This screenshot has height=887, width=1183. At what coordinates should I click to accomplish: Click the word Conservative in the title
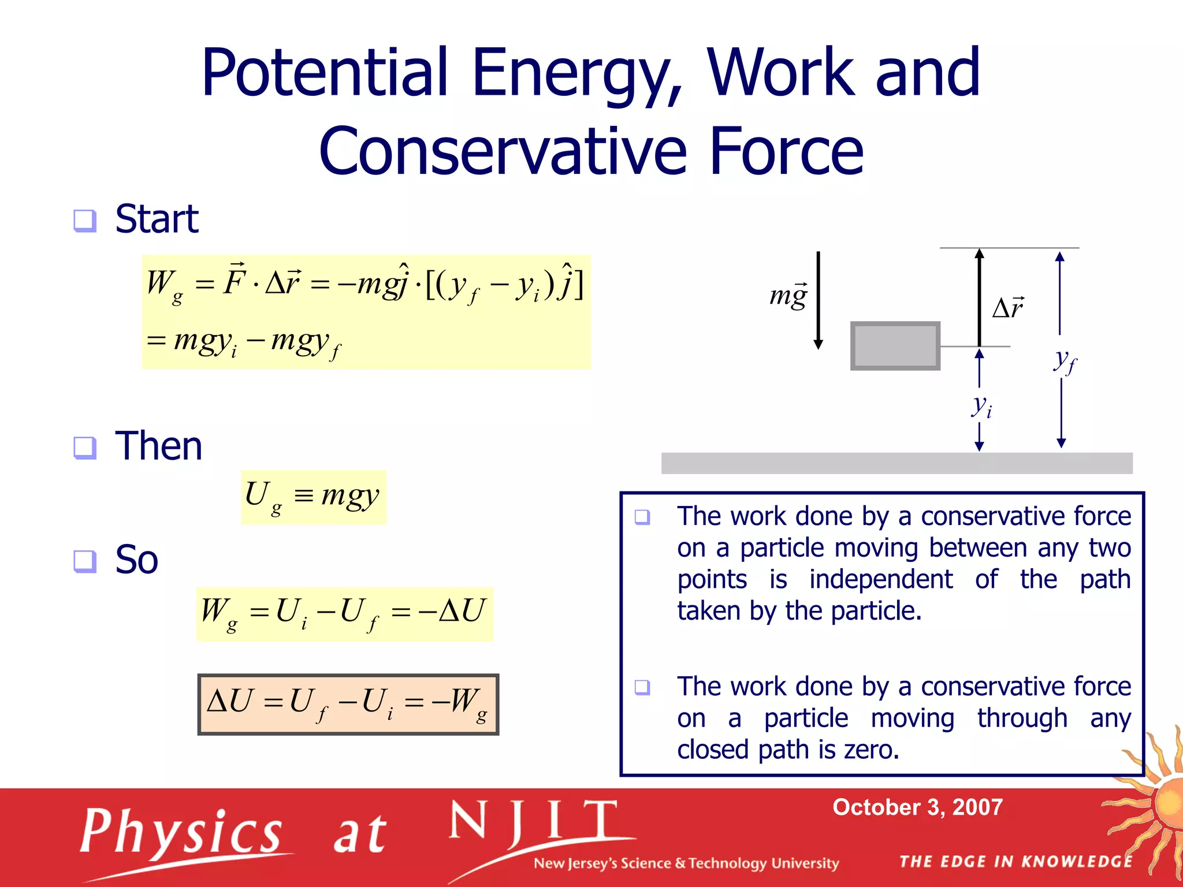tap(503, 152)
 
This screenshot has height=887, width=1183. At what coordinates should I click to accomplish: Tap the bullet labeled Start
tap(156, 219)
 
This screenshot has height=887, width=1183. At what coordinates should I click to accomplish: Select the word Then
tap(159, 446)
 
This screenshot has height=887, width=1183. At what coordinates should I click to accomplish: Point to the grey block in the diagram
tap(895, 346)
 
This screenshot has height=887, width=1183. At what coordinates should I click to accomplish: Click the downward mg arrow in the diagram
tap(818, 300)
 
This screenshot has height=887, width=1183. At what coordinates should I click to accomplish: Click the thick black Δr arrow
tap(979, 297)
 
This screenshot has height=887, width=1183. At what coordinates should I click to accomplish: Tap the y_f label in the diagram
tap(1065, 361)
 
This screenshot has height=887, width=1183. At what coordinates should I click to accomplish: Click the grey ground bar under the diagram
tap(896, 463)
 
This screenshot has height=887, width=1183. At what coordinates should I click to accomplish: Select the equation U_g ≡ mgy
tap(313, 497)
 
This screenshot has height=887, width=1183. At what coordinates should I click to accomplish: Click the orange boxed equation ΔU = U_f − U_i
tap(348, 705)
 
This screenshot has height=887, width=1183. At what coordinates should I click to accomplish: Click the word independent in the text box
tap(881, 579)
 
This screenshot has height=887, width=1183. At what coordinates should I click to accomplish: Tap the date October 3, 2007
tap(917, 807)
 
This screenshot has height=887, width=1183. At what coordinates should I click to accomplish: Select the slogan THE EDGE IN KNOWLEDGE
tap(1015, 862)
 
